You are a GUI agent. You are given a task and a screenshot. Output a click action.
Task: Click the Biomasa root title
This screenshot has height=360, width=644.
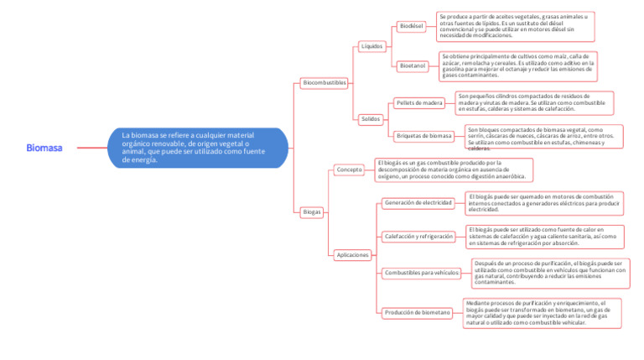click(x=44, y=148)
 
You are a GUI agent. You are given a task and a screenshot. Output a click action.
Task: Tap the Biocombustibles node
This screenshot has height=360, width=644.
click(x=325, y=83)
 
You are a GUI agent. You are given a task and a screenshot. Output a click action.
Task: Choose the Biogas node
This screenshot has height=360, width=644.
click(x=312, y=212)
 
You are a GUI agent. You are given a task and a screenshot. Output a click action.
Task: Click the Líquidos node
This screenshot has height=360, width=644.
click(x=371, y=46)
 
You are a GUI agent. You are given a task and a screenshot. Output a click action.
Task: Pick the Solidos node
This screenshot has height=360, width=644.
click(x=371, y=119)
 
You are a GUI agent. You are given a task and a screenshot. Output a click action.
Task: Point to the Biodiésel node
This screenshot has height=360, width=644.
click(x=413, y=26)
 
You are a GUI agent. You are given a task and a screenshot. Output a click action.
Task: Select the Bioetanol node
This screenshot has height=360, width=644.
click(x=413, y=65)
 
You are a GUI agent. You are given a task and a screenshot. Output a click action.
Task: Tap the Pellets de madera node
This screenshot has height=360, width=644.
click(x=419, y=103)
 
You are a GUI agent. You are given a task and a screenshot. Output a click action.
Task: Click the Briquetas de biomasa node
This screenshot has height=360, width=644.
click(x=423, y=135)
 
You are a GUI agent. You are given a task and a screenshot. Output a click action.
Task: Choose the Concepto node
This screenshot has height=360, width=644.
click(x=349, y=170)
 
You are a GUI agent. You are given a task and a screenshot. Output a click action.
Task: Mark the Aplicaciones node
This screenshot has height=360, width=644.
click(x=352, y=254)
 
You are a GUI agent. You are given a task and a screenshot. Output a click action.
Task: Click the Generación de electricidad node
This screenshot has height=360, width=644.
click(x=418, y=203)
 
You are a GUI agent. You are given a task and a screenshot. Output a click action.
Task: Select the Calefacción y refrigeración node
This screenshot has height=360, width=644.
click(x=419, y=237)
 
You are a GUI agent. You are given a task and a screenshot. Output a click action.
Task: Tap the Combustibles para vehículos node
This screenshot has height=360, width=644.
click(x=422, y=273)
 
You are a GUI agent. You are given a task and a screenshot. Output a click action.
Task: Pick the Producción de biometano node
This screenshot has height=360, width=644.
click(x=418, y=312)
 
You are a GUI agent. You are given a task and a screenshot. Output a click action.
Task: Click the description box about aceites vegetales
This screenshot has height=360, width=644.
click(x=515, y=26)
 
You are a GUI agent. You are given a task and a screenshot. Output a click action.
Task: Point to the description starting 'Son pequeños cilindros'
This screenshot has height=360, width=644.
click(x=533, y=102)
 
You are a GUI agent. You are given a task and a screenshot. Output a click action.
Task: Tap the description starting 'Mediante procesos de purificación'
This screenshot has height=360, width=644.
click(x=542, y=312)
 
